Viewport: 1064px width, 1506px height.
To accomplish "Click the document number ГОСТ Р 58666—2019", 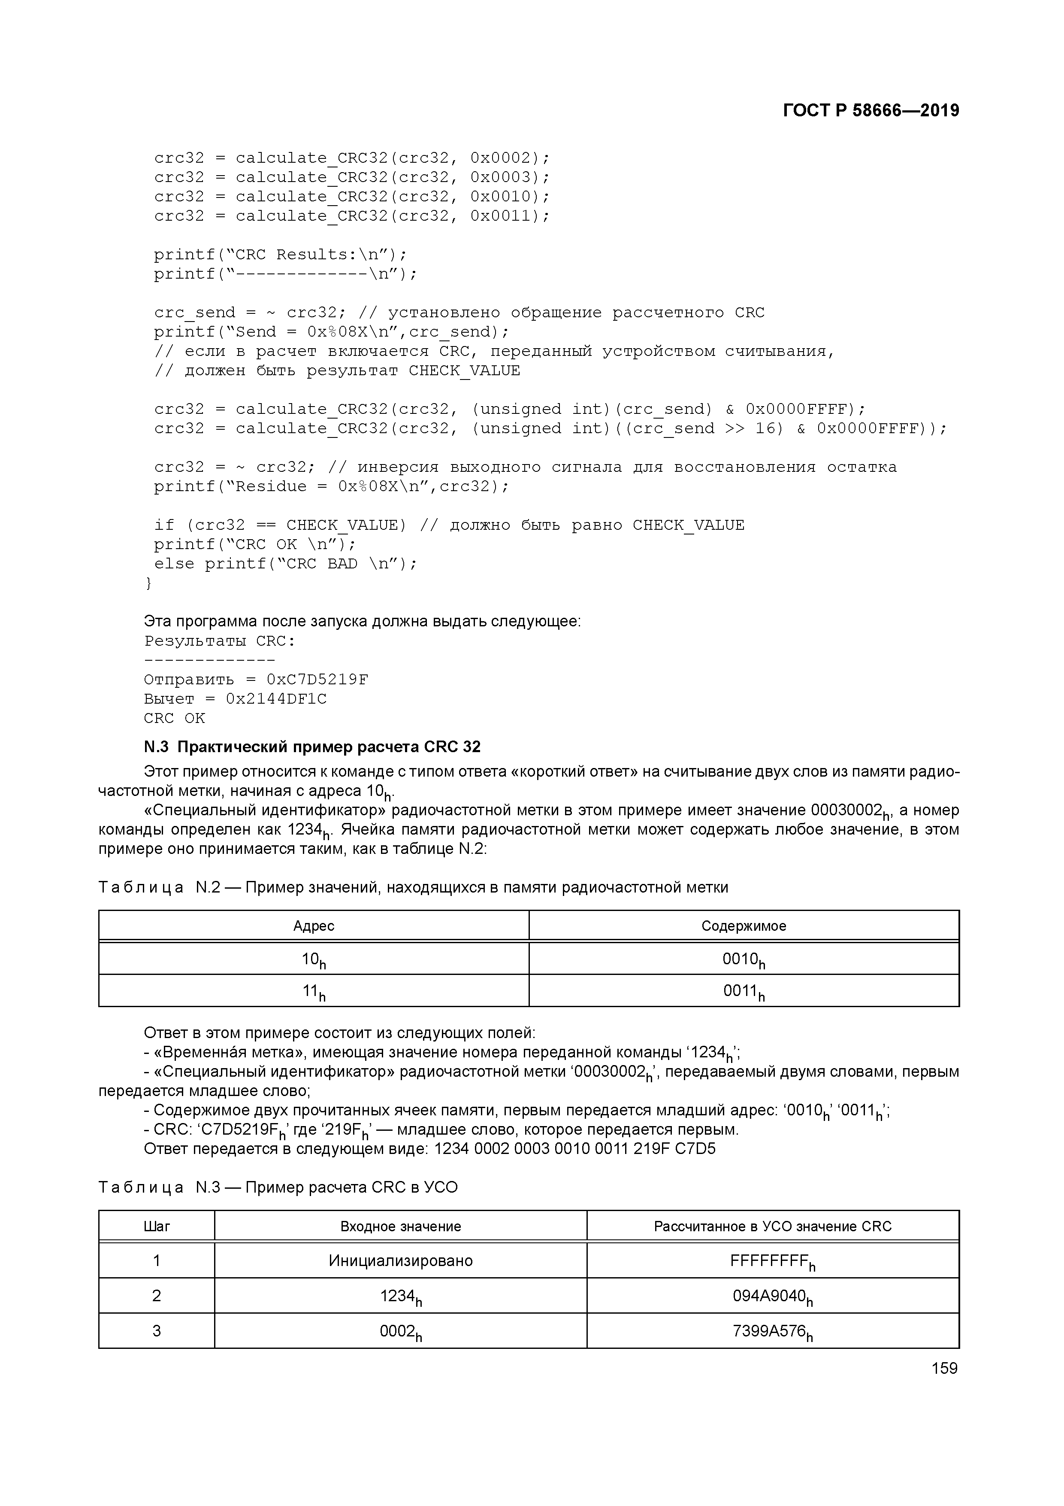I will [x=871, y=110].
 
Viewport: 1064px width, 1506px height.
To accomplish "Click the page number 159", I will [x=944, y=1368].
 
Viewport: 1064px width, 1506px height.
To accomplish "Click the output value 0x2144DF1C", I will [x=276, y=698].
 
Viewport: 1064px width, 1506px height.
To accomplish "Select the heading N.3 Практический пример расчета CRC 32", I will [x=312, y=747].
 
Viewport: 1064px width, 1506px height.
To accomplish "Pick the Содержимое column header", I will [x=744, y=926].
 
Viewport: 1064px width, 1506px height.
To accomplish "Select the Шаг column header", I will [x=157, y=1227].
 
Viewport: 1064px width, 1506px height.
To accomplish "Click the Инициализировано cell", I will [x=401, y=1261].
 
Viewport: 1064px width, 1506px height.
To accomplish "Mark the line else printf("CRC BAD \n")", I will [x=285, y=563].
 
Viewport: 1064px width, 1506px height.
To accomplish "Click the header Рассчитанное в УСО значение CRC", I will [x=772, y=1227].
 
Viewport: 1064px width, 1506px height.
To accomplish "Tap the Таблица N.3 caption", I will [x=278, y=1187].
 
